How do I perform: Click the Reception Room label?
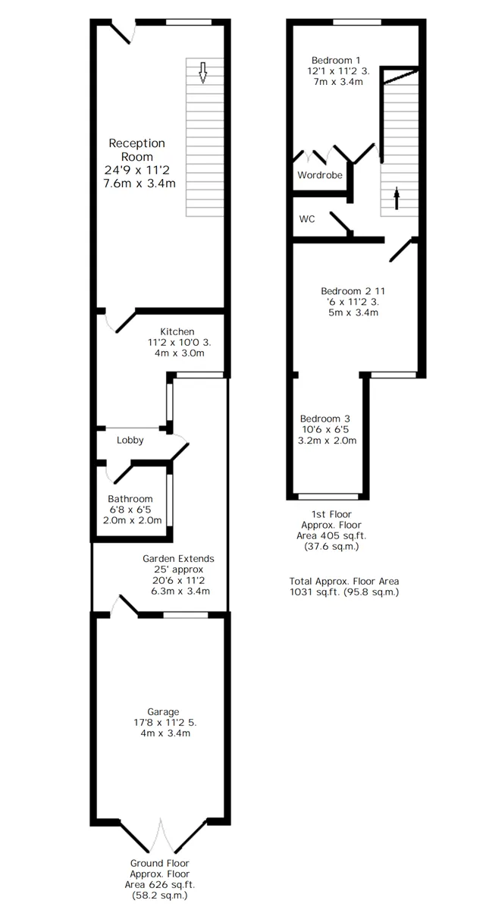136,150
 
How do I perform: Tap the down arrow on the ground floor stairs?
203,72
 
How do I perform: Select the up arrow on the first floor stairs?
397,198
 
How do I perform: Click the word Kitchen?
177,331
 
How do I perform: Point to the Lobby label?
130,440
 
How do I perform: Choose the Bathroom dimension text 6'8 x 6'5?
130,510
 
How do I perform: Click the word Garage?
163,712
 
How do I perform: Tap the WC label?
307,219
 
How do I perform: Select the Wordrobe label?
320,175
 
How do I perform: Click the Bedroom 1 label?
336,60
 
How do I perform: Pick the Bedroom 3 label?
325,419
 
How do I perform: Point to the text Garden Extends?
178,559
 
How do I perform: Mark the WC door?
341,223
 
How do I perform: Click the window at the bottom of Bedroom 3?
328,496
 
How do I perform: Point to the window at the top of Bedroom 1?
357,22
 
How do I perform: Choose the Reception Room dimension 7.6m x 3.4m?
140,184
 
